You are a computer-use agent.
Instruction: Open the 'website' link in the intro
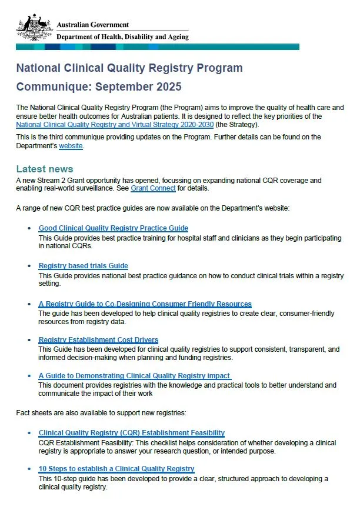71,146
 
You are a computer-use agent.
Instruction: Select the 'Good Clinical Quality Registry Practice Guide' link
113,228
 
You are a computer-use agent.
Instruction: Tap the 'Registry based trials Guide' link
83,266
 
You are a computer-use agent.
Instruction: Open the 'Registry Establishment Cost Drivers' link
98,340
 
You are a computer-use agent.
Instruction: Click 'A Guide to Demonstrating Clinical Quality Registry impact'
134,376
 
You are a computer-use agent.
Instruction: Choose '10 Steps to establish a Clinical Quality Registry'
116,469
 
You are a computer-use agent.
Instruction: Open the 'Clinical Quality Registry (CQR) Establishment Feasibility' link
131,433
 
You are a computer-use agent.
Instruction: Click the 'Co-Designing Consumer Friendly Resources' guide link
145,304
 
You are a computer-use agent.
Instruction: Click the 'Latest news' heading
45,169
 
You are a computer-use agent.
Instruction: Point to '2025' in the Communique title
168,87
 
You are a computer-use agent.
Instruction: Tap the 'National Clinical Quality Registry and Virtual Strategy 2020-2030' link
115,125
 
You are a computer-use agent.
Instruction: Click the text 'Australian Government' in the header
92,25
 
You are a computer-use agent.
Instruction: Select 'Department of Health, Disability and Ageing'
122,37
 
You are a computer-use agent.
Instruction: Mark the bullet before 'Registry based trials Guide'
30,266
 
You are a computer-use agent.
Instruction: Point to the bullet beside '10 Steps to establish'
30,469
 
